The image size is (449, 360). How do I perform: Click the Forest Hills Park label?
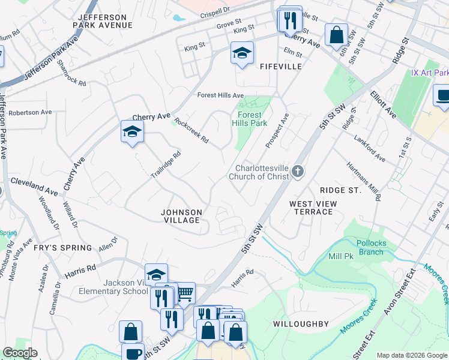click(x=250, y=118)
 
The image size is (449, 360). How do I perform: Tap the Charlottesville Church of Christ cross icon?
click(x=297, y=173)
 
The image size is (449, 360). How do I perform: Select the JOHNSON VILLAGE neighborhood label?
click(x=181, y=216)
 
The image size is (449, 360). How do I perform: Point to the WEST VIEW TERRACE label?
click(x=313, y=208)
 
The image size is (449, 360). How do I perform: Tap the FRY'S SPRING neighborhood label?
click(x=62, y=248)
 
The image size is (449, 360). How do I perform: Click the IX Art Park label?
click(x=429, y=73)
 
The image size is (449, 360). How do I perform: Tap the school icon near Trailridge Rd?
click(x=132, y=131)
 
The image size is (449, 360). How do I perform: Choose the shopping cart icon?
click(x=185, y=293)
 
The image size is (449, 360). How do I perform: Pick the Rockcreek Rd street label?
click(x=191, y=131)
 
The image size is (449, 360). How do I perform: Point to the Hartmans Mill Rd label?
click(x=364, y=181)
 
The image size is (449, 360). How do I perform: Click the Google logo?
click(x=20, y=353)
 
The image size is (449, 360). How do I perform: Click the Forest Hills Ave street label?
click(x=221, y=95)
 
